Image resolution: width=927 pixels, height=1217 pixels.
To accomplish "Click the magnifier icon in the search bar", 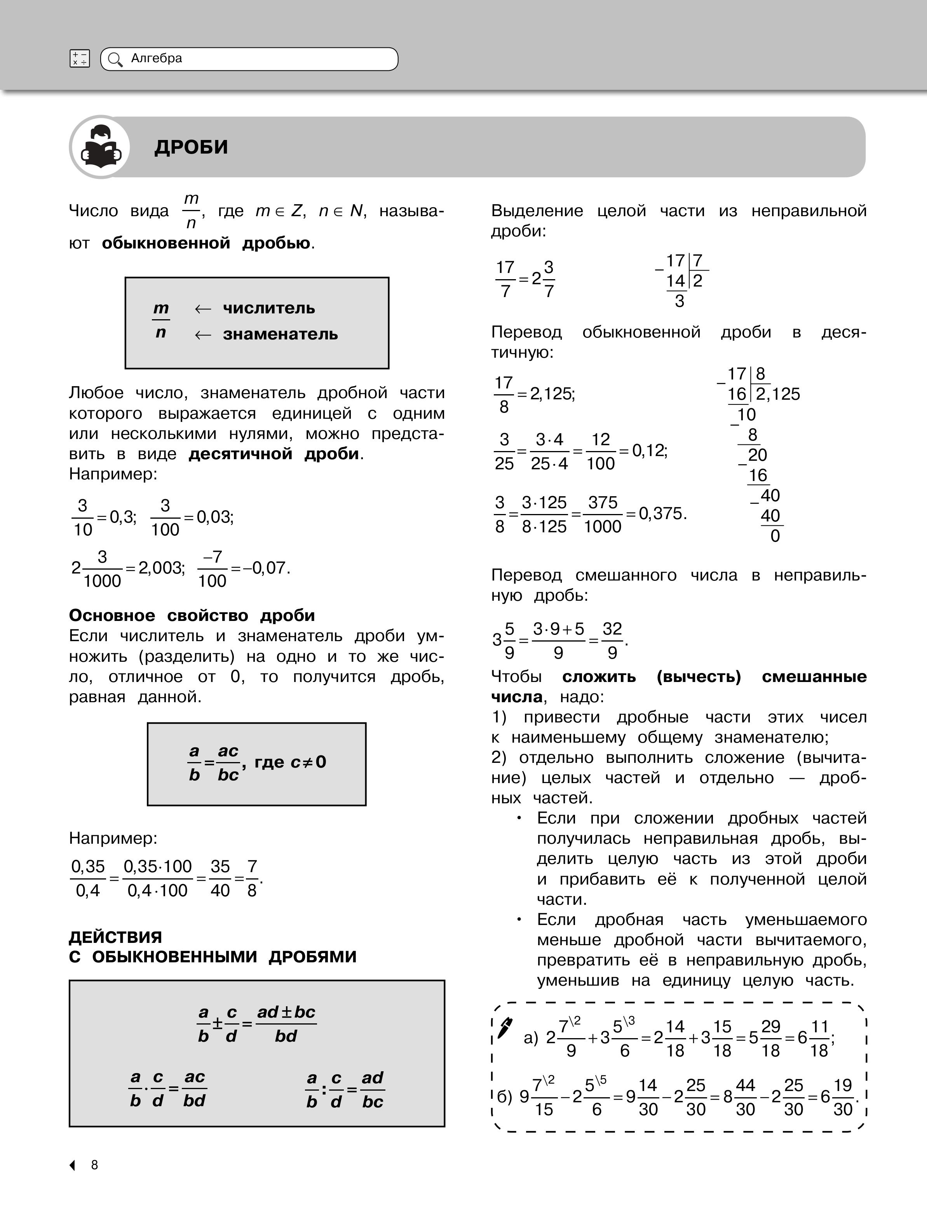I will point(115,59).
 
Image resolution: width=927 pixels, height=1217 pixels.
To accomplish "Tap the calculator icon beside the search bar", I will point(80,59).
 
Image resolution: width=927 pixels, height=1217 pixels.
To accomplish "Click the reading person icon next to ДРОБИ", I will point(100,147).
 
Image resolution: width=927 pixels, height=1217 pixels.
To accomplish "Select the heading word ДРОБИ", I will point(191,147).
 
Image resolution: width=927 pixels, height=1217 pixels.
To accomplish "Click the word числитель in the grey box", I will point(269,308).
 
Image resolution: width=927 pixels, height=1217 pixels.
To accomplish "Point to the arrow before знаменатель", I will point(202,335).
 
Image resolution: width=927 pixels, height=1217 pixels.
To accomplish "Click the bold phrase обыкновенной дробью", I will point(206,243).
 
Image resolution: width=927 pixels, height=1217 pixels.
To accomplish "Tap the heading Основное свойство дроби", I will point(192,615).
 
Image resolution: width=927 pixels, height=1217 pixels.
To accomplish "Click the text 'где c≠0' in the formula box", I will point(290,762).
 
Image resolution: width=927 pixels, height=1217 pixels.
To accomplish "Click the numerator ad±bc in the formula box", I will point(286,1012).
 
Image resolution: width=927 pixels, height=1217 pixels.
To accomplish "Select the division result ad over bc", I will point(373,1089).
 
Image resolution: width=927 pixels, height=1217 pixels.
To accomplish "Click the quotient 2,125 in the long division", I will point(778,394).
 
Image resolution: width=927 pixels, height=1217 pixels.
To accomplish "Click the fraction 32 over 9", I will point(612,640).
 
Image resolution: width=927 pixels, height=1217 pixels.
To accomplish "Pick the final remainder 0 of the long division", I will point(775,536).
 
